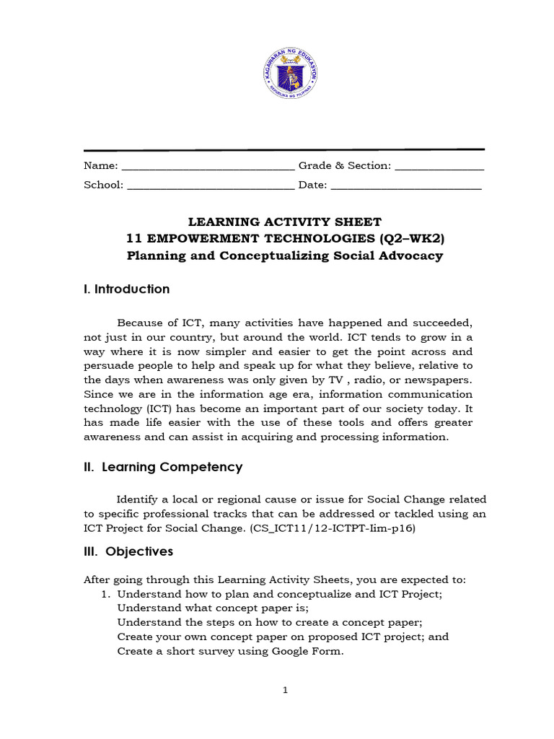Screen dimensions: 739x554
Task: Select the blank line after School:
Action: click(211, 186)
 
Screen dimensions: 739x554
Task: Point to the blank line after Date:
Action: click(406, 186)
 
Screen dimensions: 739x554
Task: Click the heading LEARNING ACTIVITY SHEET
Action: click(284, 222)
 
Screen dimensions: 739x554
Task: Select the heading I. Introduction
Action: click(127, 289)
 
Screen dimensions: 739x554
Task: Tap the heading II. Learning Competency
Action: click(163, 468)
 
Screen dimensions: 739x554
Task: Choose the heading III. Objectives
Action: click(128, 551)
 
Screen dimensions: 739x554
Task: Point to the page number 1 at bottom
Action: click(285, 691)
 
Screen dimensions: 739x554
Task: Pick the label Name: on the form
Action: click(101, 166)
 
